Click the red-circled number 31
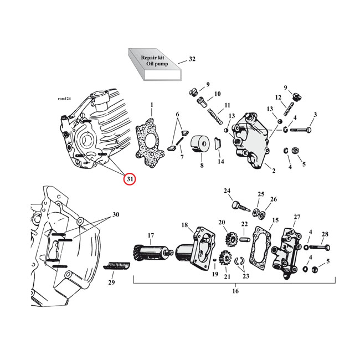(x=128, y=178)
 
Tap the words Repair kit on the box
(x=152, y=57)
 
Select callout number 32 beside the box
(x=192, y=59)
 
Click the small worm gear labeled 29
(x=117, y=268)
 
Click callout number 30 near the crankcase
(x=115, y=214)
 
